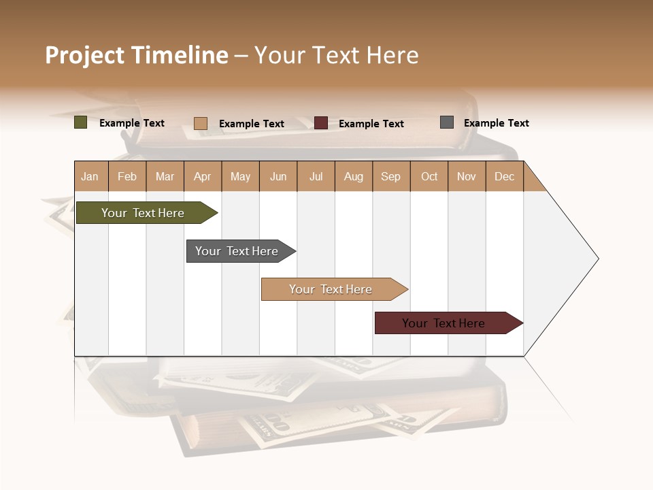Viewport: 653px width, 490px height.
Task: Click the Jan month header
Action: [90, 176]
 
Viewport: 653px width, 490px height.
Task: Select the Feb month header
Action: [127, 176]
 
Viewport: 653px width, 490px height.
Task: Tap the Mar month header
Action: [165, 176]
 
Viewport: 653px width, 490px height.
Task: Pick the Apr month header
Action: [203, 176]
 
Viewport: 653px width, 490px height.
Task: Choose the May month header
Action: [240, 176]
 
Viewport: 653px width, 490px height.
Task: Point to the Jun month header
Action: [278, 176]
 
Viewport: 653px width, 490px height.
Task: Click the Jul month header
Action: [316, 176]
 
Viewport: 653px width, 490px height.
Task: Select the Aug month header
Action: [354, 176]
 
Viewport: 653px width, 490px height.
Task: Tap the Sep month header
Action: [391, 176]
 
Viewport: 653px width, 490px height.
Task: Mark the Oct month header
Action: [429, 176]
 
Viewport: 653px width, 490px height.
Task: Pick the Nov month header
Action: [467, 176]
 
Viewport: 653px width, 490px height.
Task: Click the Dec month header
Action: [505, 176]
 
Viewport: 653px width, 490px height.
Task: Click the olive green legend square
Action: [81, 122]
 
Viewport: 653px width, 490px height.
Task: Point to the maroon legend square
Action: [321, 123]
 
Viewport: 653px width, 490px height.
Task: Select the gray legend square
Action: [447, 122]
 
